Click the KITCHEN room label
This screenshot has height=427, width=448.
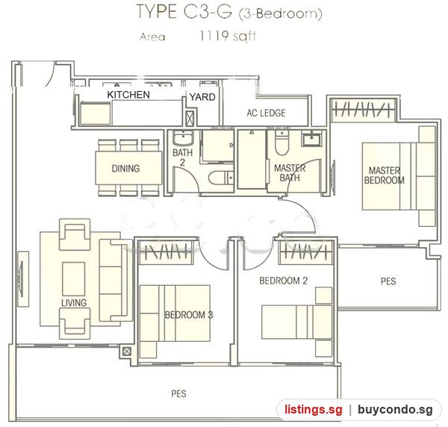pos(128,95)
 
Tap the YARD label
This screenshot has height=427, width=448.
pos(202,97)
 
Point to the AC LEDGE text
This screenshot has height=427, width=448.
pos(266,113)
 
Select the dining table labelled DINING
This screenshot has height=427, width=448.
pos(129,168)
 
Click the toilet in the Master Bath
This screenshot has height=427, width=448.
pos(282,143)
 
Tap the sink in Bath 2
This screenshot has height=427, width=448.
pos(183,139)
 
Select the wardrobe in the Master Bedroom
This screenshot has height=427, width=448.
pos(363,110)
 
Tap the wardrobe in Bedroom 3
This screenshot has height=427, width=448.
pos(165,252)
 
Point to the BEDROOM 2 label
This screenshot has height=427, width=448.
pos(284,281)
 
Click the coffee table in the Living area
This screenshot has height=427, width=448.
pos(74,278)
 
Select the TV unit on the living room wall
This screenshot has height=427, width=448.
pos(23,279)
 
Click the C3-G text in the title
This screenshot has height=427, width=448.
pos(208,12)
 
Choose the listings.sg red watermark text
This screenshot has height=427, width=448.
pos(313,410)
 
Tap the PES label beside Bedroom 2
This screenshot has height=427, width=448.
pos(388,281)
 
